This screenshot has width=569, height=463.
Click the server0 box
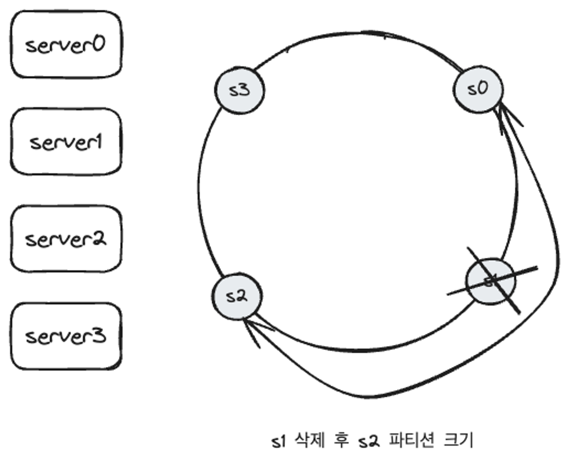click(66, 44)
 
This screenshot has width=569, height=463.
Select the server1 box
click(66, 141)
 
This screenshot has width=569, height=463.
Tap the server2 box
click(66, 239)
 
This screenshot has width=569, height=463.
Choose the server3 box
click(66, 336)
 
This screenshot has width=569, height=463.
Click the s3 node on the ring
click(239, 90)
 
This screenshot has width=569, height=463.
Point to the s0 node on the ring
click(478, 89)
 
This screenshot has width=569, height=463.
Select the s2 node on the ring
click(237, 296)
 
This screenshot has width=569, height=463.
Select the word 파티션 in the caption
click(411, 440)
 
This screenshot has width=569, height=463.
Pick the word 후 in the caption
click(341, 440)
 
